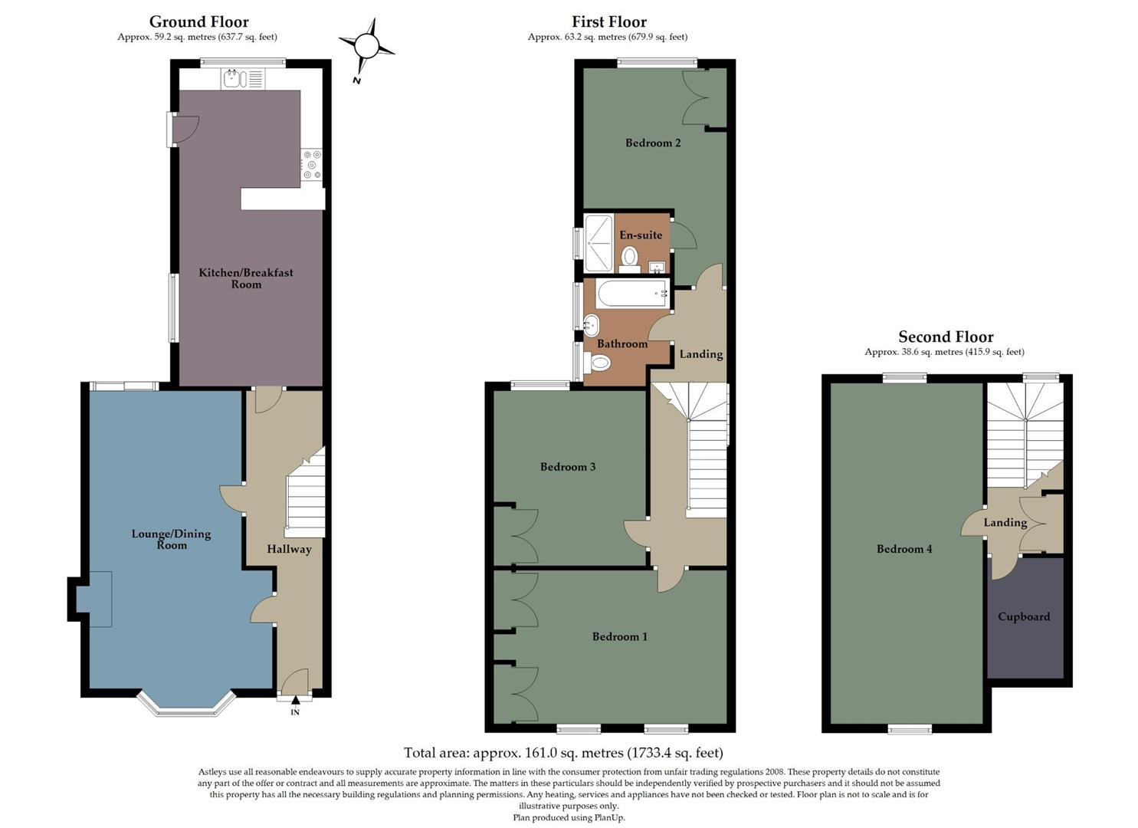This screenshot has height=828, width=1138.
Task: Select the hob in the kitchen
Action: [311, 165]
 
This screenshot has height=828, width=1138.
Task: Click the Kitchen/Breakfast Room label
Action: [246, 278]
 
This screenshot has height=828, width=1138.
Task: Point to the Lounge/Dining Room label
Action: [171, 539]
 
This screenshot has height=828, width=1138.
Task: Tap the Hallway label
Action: [289, 549]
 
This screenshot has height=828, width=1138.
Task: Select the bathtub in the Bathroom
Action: [631, 294]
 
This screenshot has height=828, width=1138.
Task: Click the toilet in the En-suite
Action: [630, 256]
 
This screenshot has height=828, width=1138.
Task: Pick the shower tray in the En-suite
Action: [599, 242]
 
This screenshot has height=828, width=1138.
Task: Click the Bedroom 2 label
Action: [653, 143]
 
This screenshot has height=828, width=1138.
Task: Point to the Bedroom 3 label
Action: [568, 467]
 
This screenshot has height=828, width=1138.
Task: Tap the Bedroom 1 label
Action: [619, 636]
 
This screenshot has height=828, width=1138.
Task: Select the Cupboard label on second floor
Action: [1024, 616]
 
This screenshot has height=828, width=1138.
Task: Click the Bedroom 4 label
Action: [904, 549]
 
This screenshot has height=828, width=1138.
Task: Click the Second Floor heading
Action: [945, 337]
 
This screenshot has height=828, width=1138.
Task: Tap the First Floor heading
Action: [608, 21]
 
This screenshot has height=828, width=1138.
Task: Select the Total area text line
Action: [563, 753]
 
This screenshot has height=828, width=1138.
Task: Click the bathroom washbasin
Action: [591, 327]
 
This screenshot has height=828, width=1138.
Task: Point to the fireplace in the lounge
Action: [95, 599]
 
